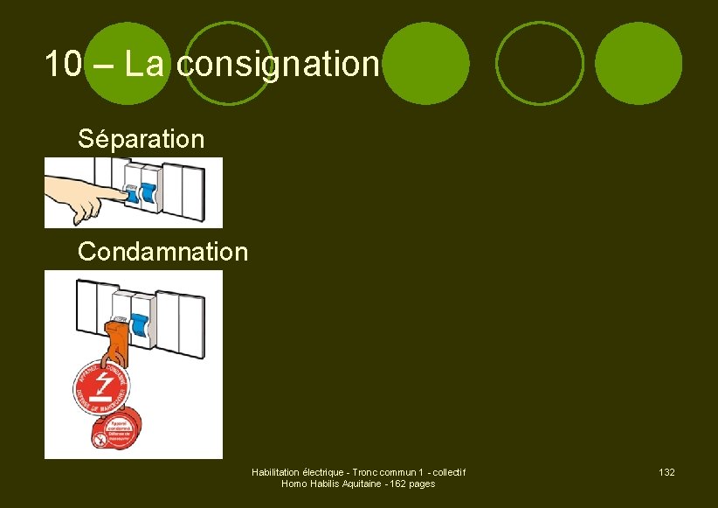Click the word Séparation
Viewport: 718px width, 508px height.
point(141,138)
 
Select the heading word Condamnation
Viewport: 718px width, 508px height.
point(162,253)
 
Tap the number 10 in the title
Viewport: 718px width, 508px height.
point(64,63)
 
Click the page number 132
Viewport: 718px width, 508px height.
point(666,472)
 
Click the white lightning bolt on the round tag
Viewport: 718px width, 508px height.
point(104,384)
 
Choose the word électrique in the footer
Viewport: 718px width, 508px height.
point(323,472)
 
